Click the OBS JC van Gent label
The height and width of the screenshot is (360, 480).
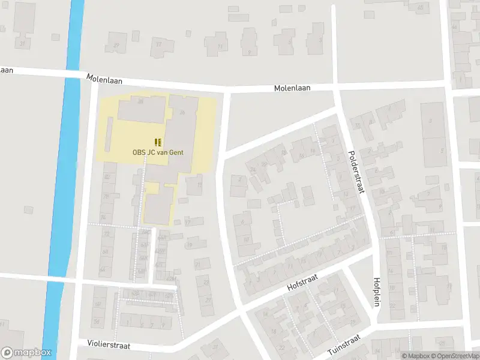pos(158,152)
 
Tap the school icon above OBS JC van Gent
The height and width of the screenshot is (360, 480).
pos(158,142)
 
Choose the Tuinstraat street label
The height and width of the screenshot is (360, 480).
pos(343,346)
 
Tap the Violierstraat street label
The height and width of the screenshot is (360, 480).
pos(109,346)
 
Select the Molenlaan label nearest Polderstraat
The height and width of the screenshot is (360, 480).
pos(292,88)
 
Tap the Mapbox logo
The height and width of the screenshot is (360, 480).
pos(26,353)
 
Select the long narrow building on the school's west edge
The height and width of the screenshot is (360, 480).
pos(109,133)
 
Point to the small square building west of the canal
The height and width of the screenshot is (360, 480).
pos(29,209)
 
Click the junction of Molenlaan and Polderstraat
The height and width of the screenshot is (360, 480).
pos(335,86)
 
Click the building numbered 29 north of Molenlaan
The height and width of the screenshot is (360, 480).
pos(115,43)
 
